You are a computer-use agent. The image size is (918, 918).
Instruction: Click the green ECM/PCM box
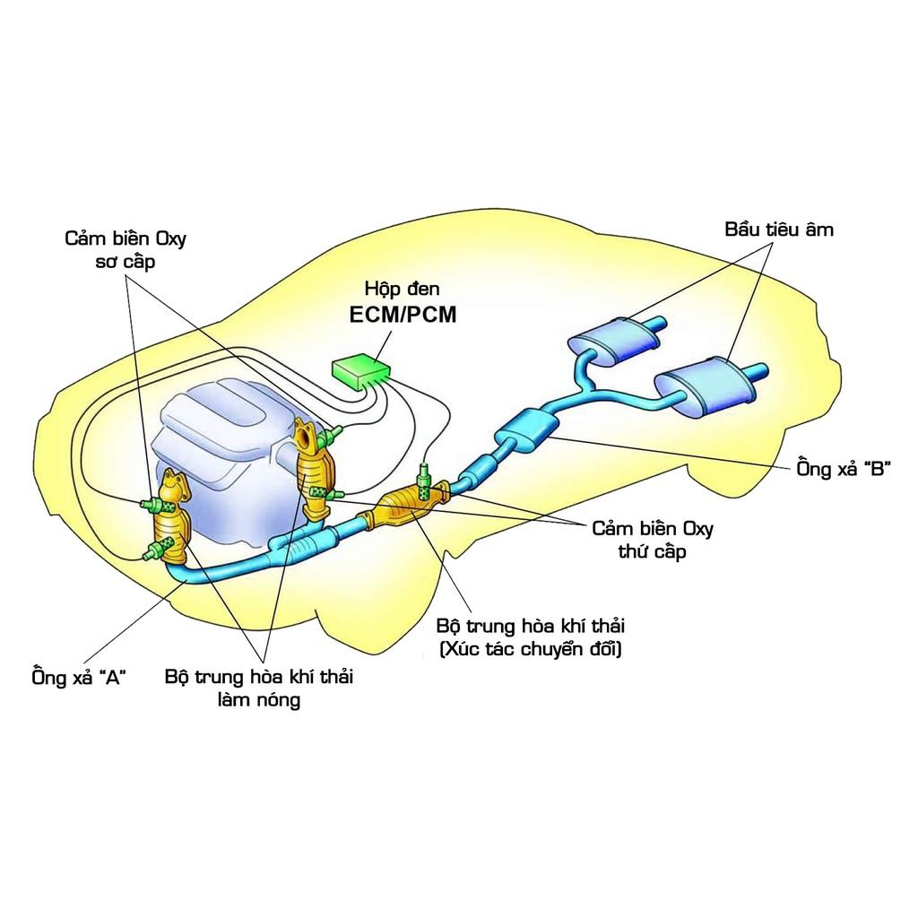click(359, 368)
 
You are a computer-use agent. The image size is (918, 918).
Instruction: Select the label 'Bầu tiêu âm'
click(778, 229)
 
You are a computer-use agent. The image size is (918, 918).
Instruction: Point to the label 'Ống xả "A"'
click(78, 677)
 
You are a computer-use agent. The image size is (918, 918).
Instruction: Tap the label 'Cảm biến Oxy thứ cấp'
click(652, 540)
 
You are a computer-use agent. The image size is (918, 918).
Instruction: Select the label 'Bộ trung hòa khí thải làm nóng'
click(258, 688)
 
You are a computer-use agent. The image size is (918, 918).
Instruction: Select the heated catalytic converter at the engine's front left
click(169, 524)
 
